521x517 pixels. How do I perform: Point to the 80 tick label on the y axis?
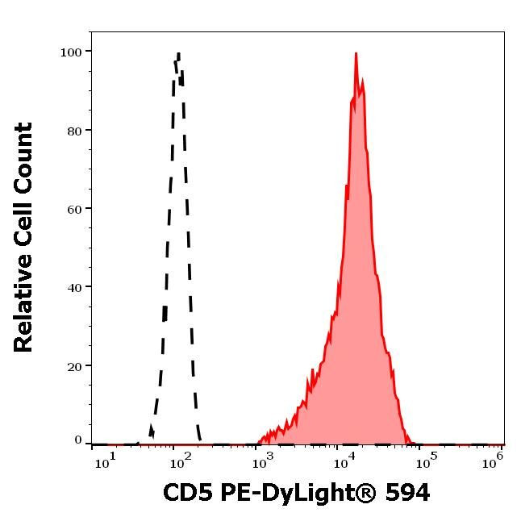pyautogui.click(x=73, y=130)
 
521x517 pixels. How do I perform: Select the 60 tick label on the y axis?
pyautogui.click(x=73, y=208)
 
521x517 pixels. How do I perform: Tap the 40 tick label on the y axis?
pyautogui.click(x=73, y=287)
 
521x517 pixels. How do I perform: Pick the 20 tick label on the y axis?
pyautogui.click(x=73, y=365)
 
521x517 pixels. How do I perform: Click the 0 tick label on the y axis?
pyautogui.click(x=78, y=440)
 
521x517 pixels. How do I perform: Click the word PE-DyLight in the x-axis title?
pyautogui.click(x=294, y=493)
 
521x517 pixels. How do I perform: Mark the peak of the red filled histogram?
pyautogui.click(x=356, y=54)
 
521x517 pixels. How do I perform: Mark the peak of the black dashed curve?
pyautogui.click(x=177, y=54)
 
